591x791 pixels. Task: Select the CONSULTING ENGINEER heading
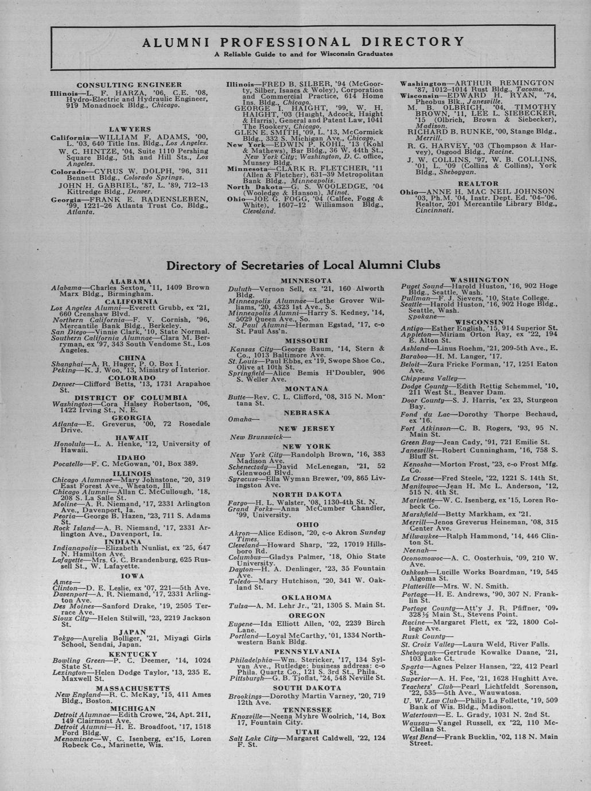[129, 84]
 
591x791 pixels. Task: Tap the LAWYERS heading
[129, 130]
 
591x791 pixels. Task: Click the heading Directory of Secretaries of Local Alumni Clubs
[303, 266]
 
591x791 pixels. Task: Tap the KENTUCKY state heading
[129, 654]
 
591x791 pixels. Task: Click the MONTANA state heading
[307, 389]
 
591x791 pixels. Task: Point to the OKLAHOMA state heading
[307, 597]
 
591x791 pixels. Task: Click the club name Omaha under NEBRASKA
[239, 420]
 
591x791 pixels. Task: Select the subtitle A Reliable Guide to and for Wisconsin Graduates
[303, 54]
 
